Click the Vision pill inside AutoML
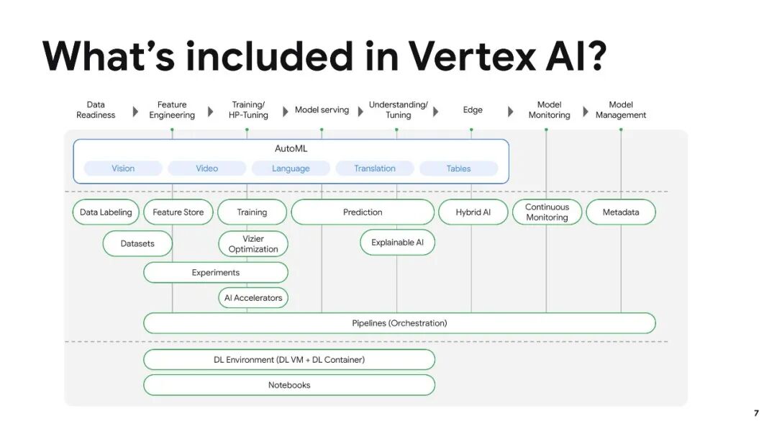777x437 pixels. [123, 168]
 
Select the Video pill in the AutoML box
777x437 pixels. [207, 168]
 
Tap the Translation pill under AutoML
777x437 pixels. [374, 168]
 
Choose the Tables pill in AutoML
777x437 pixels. [458, 168]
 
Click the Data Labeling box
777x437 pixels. [106, 212]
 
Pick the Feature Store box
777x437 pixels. [178, 212]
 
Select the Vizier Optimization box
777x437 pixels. [253, 244]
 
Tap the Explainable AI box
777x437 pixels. [397, 243]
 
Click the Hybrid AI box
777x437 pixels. [473, 212]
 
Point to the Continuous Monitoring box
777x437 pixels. [547, 212]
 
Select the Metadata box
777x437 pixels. [621, 212]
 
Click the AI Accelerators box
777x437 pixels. [253, 298]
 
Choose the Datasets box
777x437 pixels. [137, 243]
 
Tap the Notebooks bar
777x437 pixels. [289, 385]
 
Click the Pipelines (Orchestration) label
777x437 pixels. [399, 323]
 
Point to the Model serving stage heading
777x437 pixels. [322, 110]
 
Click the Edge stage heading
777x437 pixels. [473, 110]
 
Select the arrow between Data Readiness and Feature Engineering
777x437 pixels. [135, 112]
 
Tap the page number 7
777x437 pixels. [756, 413]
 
